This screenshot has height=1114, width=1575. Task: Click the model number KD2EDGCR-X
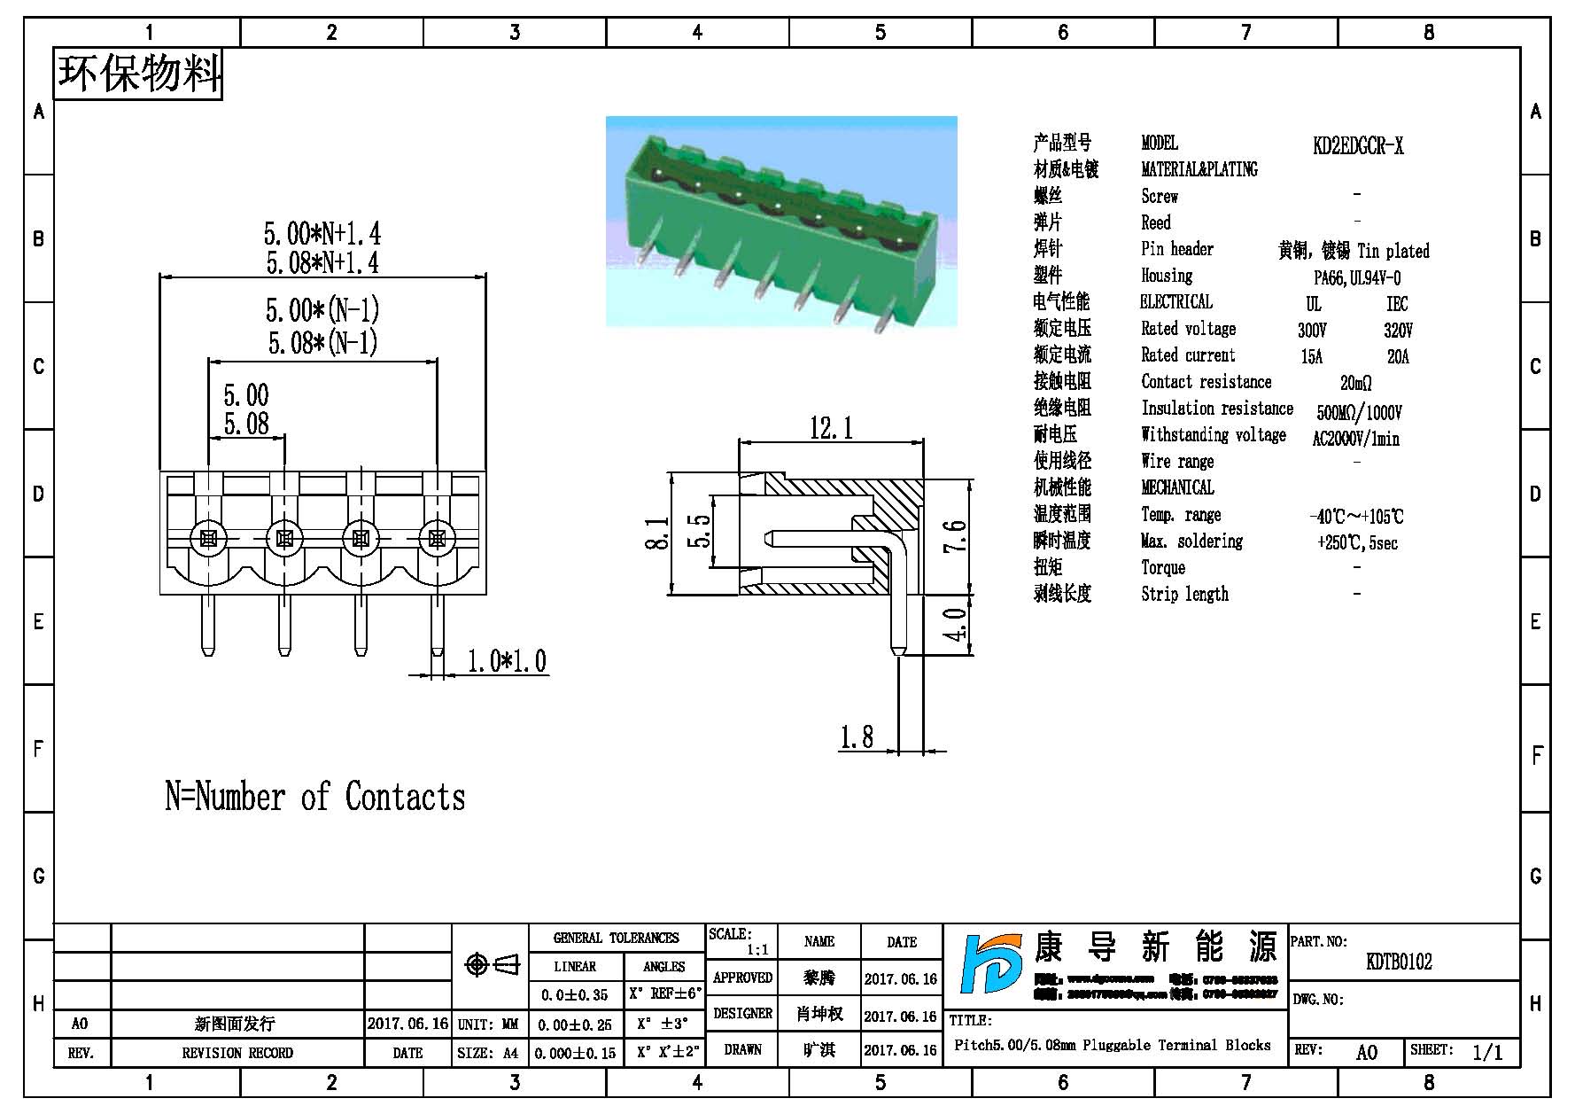click(1357, 146)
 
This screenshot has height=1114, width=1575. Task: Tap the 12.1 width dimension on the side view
click(831, 429)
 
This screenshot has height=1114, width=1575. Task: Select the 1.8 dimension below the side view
click(856, 737)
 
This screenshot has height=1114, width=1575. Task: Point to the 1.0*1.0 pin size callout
click(507, 661)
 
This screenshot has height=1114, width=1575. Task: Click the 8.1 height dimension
click(657, 534)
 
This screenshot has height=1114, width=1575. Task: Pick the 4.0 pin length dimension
click(955, 625)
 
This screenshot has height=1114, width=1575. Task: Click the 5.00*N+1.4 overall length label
click(322, 234)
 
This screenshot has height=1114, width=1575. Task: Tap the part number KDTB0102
click(1399, 962)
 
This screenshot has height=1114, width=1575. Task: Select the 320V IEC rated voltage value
click(1398, 331)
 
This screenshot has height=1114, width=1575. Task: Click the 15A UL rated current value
click(1311, 357)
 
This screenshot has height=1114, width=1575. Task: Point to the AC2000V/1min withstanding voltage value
click(1355, 439)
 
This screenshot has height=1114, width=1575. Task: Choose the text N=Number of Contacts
click(315, 797)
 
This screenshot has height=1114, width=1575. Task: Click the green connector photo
click(781, 222)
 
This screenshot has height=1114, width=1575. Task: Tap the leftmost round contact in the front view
click(209, 538)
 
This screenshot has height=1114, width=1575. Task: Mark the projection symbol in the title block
click(491, 964)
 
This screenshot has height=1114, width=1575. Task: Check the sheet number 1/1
click(1486, 1052)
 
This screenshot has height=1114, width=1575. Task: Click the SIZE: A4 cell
click(488, 1053)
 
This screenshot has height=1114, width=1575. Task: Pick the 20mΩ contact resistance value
click(1355, 384)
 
